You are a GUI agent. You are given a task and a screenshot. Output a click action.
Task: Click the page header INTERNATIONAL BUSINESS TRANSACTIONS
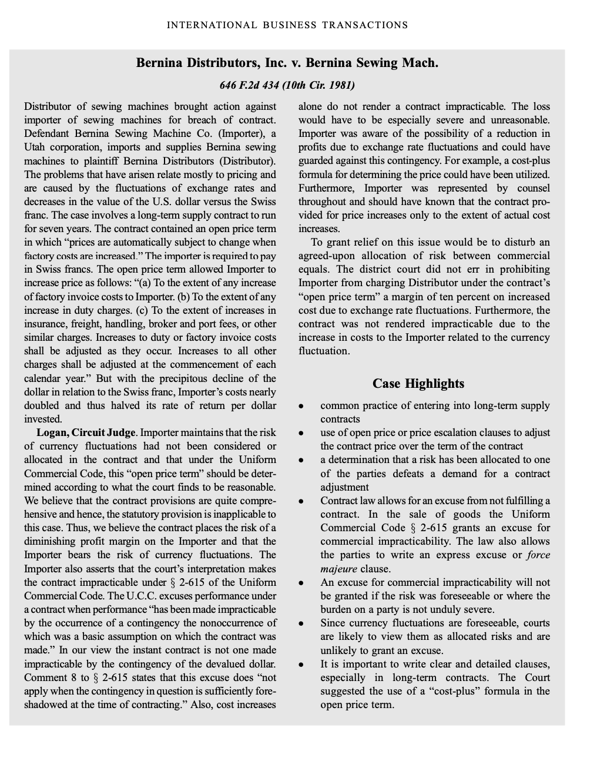point(287,25)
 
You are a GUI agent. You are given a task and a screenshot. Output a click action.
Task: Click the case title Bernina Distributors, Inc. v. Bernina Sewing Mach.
point(287,63)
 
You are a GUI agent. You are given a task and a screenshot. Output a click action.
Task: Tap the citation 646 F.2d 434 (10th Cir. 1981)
point(287,85)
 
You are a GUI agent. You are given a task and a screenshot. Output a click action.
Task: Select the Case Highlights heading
point(418,384)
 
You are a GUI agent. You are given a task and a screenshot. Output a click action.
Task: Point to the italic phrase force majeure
point(538,555)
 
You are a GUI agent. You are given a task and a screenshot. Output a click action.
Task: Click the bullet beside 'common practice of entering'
point(301,406)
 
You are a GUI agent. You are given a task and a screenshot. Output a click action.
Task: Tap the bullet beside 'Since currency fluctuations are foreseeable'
point(301,623)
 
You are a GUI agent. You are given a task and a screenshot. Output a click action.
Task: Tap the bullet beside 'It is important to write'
point(301,665)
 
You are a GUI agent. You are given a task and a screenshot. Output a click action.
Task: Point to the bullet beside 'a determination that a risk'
point(301,460)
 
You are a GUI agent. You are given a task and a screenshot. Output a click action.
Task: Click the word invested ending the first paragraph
point(42,420)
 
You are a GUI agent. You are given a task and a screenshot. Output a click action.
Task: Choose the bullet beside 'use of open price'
point(301,433)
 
